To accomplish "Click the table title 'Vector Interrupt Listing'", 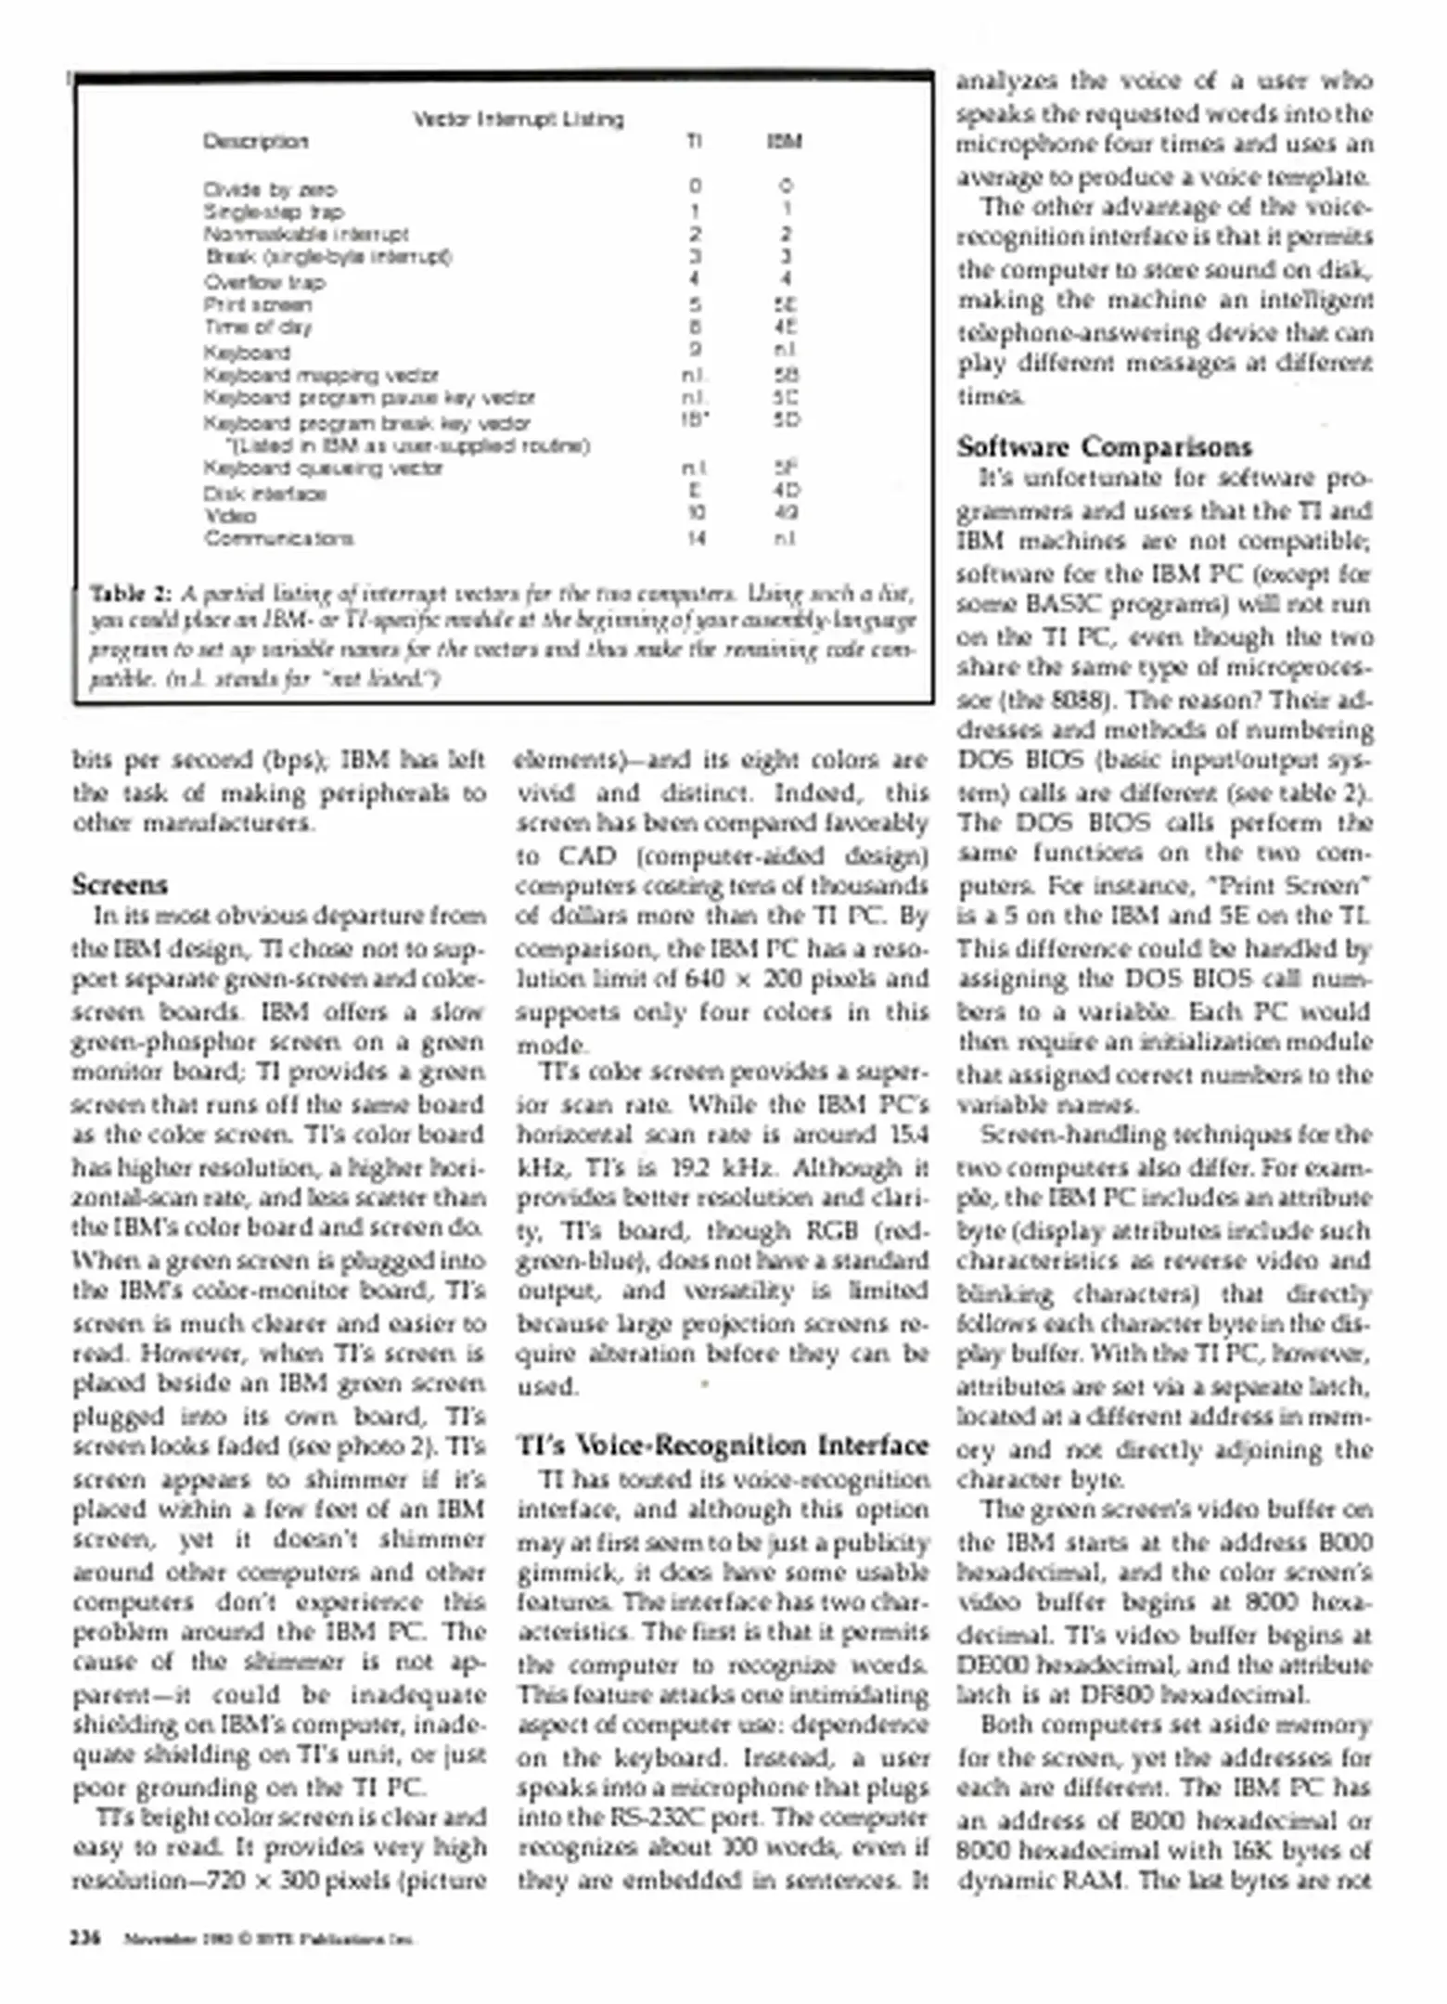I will (518, 119).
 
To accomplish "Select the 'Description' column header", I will (255, 142).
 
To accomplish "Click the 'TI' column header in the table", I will (694, 142).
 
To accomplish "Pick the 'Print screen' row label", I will (258, 305).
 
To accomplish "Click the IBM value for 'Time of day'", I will (785, 328).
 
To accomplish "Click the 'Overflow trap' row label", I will (264, 282).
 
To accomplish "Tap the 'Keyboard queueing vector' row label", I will (323, 469).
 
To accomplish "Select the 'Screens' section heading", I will (120, 884).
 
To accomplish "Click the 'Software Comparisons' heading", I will (1104, 447).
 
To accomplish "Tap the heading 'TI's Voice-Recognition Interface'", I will (723, 1445).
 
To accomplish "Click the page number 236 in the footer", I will (86, 1939).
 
